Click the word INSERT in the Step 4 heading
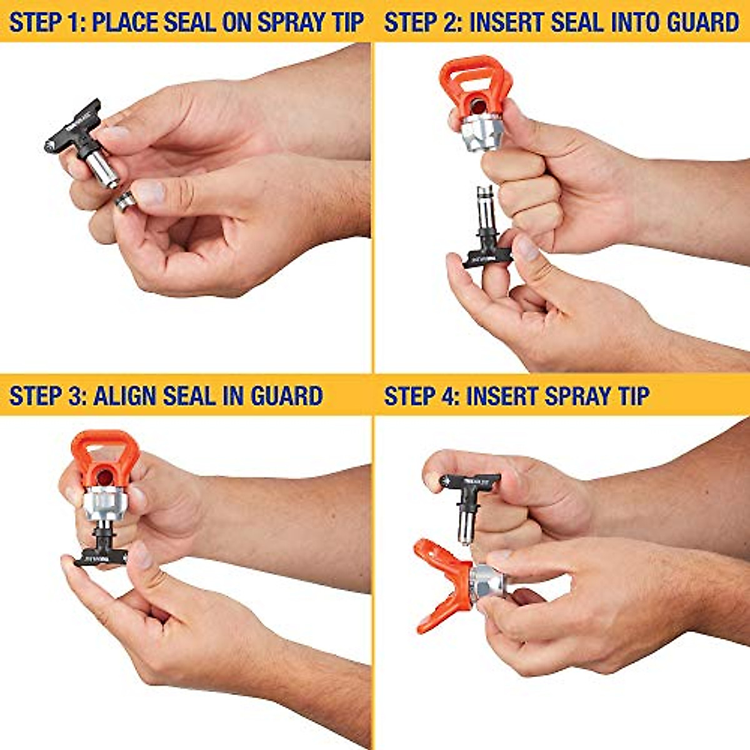(501, 396)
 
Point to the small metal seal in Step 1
(126, 201)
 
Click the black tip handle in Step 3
(100, 554)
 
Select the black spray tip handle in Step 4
(469, 483)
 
